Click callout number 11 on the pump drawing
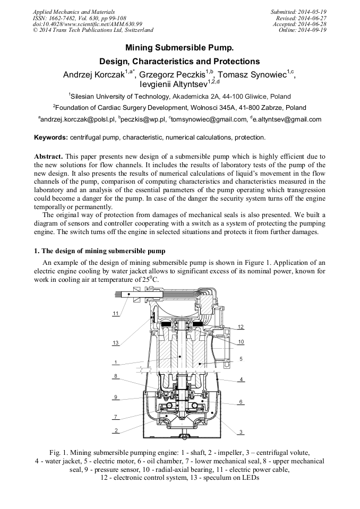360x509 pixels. pos(115,313)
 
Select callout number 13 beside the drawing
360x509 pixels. pos(115,343)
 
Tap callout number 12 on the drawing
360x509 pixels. pos(241,327)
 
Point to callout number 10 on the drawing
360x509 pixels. pos(241,342)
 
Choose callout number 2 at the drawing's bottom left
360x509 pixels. pos(115,430)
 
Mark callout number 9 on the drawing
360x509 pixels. pos(115,397)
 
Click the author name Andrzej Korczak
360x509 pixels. pos(93,75)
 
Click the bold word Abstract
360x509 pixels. pos(49,157)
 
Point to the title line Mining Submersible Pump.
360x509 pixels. pos(179,48)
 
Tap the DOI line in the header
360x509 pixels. pos(88,24)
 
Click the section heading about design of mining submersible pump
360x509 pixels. pos(99,251)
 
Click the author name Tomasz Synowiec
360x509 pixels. pos(254,75)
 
